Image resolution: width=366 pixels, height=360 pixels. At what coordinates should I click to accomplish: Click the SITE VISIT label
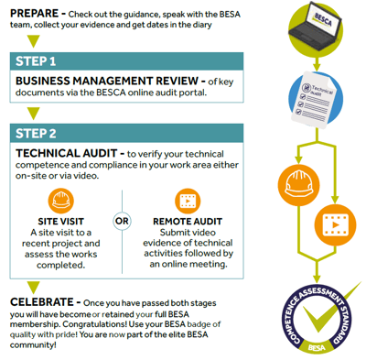tap(63, 221)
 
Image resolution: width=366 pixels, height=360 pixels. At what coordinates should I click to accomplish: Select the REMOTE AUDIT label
tap(188, 221)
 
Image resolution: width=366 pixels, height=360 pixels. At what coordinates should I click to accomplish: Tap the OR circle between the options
tap(122, 221)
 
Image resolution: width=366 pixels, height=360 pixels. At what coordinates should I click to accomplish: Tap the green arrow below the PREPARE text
tap(34, 39)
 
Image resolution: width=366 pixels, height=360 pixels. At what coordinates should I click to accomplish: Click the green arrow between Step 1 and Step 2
tap(34, 115)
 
